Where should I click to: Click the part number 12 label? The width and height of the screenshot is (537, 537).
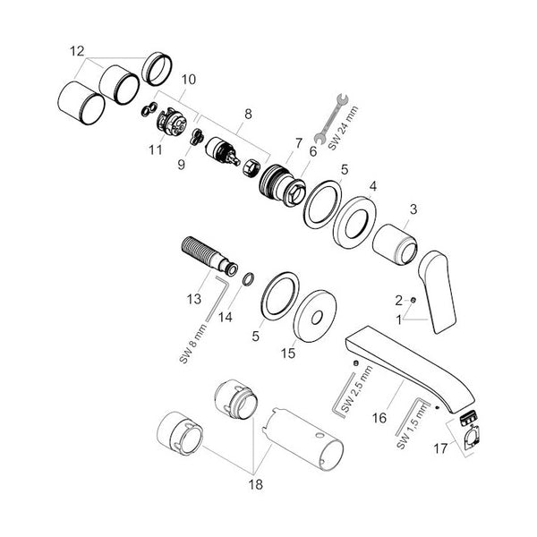(77, 51)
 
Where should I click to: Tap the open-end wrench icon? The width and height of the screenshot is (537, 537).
(331, 118)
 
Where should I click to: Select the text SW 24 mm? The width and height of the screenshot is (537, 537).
(344, 128)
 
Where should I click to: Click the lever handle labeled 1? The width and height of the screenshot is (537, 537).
(438, 292)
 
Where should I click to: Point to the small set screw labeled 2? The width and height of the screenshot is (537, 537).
(413, 300)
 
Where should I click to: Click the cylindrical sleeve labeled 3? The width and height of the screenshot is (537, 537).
(395, 244)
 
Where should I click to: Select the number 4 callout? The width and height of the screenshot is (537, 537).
(373, 187)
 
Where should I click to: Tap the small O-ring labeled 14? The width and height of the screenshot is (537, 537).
(249, 278)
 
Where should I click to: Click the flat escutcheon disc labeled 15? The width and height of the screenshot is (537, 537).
(315, 316)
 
